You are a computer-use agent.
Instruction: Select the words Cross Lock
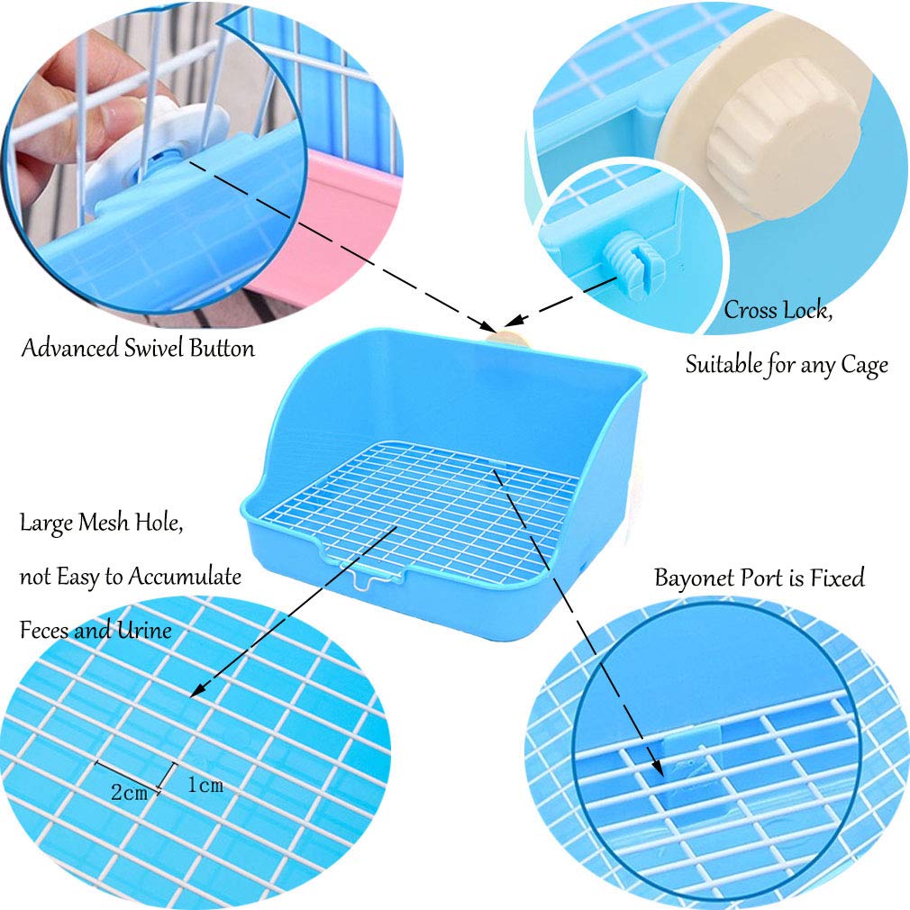click(777, 312)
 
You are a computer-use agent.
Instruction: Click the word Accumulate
click(185, 577)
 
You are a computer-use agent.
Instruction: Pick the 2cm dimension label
click(129, 794)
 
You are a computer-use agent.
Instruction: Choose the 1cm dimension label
click(205, 786)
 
